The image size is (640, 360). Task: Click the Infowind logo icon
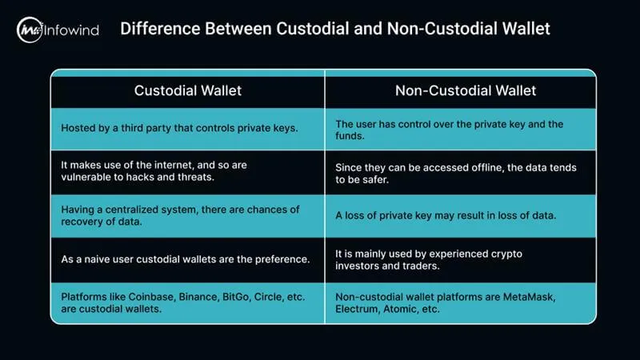coord(30,30)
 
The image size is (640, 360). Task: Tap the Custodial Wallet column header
coord(187,90)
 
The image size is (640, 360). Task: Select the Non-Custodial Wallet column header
coord(460,90)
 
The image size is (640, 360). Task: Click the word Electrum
coord(359,310)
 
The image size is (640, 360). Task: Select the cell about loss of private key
coord(460,216)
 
